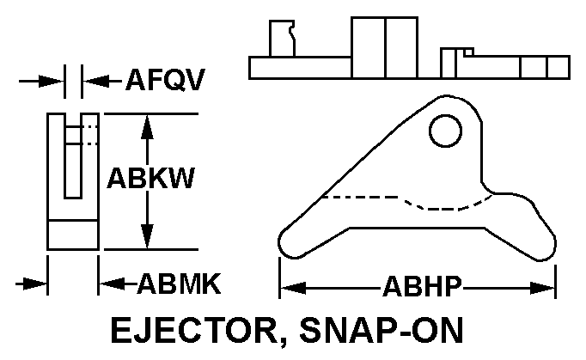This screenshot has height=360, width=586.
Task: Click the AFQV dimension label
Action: tap(166, 81)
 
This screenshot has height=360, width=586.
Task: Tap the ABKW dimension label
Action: tap(150, 180)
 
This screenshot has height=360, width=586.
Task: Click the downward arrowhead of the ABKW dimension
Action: tap(148, 237)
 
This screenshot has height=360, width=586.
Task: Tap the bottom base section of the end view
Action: tap(74, 235)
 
